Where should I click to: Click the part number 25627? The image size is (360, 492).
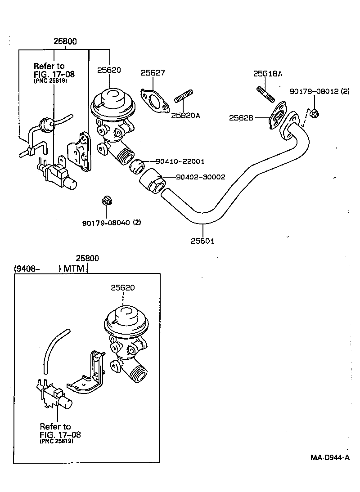[x=153, y=72]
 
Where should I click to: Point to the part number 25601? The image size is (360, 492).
[x=202, y=241]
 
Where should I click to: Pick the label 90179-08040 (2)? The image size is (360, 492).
[x=111, y=222]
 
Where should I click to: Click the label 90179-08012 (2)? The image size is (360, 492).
[x=319, y=91]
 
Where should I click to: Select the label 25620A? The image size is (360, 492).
[x=185, y=115]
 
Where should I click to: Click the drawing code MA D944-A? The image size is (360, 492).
[x=330, y=457]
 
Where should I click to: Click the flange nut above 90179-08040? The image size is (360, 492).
[x=107, y=200]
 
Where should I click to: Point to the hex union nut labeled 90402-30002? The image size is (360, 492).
[x=152, y=181]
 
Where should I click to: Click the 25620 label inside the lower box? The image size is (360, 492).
[x=122, y=287]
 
